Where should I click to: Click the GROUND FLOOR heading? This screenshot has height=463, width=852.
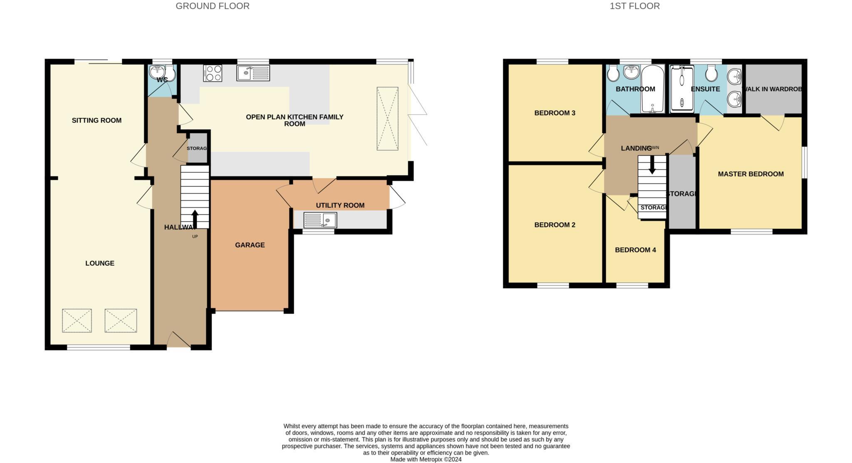tap(212, 6)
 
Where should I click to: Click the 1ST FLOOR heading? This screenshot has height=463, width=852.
tap(634, 6)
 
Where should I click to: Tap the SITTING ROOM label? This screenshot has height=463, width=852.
tap(97, 120)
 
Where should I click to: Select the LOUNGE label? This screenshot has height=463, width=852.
tap(100, 263)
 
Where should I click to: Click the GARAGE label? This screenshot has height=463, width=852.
tap(250, 245)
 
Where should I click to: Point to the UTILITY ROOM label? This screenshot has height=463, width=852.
tap(340, 205)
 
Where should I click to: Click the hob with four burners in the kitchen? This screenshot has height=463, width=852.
tap(212, 73)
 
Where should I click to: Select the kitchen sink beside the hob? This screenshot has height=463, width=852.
tap(253, 73)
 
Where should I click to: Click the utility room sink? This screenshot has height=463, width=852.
tap(320, 220)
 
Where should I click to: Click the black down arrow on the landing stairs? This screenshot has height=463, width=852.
tap(652, 165)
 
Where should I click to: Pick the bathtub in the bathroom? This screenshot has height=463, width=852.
tap(653, 89)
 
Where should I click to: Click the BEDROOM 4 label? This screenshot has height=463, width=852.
tap(635, 250)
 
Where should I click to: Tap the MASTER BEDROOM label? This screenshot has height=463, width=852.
tap(750, 174)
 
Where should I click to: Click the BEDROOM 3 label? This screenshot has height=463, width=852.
tap(555, 113)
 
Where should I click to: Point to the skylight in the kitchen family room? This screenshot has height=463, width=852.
tap(387, 119)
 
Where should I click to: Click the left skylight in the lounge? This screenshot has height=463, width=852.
tap(77, 320)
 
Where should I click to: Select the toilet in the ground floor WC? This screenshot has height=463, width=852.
tap(171, 74)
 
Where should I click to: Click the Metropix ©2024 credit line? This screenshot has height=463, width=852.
tap(426, 459)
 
